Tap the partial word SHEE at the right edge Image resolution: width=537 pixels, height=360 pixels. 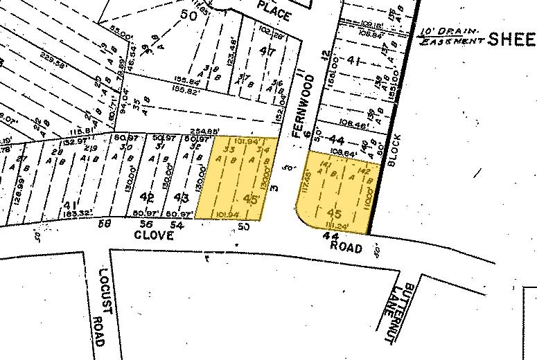[x=512, y=39]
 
